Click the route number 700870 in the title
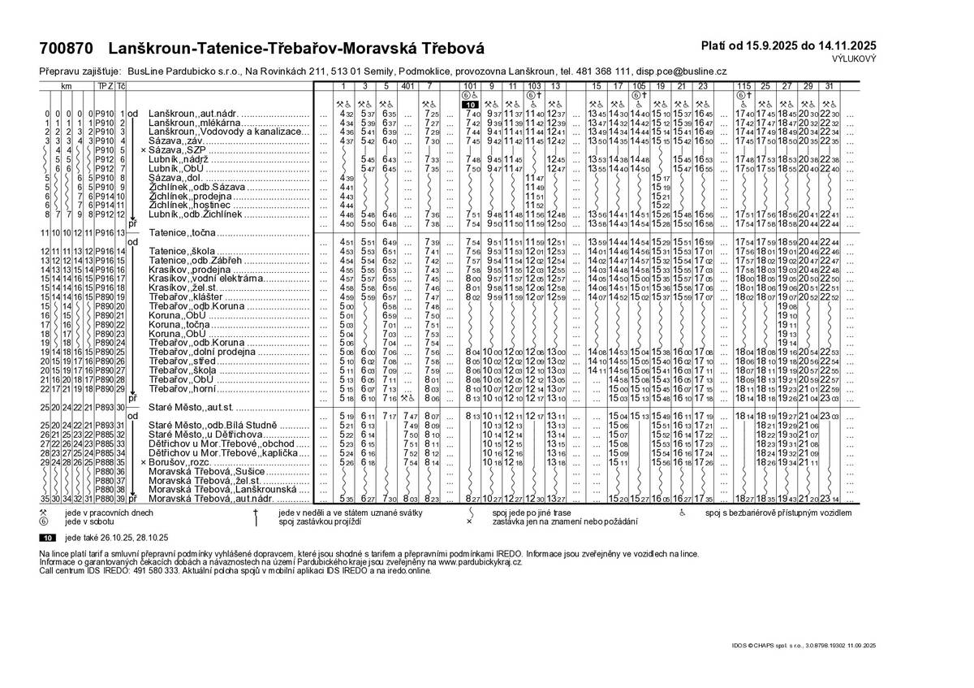point(65,50)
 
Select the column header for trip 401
point(407,86)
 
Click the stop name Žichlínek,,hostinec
point(187,206)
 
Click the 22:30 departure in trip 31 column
point(830,114)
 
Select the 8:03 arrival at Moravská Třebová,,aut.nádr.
point(407,499)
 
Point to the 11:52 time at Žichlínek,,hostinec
point(534,206)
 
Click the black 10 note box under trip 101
point(470,105)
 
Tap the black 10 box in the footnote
point(49,538)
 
